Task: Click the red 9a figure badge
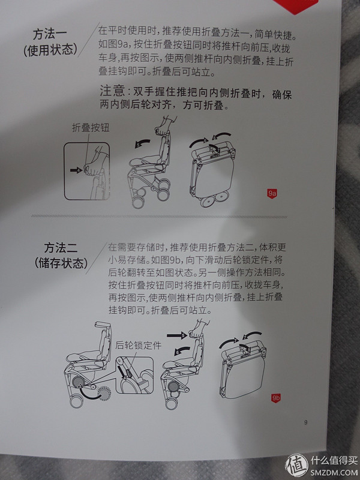[x=272, y=193]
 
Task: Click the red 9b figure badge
[x=277, y=397]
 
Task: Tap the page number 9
[x=305, y=422]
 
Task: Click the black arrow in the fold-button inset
[x=75, y=170]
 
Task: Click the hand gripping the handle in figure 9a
[x=160, y=131]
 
